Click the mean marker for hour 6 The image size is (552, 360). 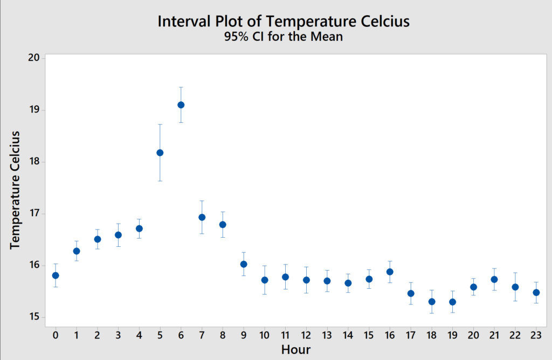pyautogui.click(x=181, y=105)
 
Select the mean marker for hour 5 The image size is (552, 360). pyautogui.click(x=160, y=153)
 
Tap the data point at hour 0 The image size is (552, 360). pyautogui.click(x=56, y=275)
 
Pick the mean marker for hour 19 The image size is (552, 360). pyautogui.click(x=452, y=302)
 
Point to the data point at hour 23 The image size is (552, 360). pyautogui.click(x=536, y=293)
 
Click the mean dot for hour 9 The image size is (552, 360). pyautogui.click(x=244, y=264)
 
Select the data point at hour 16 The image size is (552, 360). pyautogui.click(x=390, y=272)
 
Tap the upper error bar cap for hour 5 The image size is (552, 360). pyautogui.click(x=160, y=124)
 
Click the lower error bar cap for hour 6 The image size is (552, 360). pyautogui.click(x=181, y=123)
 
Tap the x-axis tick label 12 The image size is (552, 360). pyautogui.click(x=306, y=336)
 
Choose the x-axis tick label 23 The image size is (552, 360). pyautogui.click(x=536, y=336)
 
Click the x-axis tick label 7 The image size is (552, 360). pyautogui.click(x=202, y=336)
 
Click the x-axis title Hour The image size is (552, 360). pyautogui.click(x=296, y=349)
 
